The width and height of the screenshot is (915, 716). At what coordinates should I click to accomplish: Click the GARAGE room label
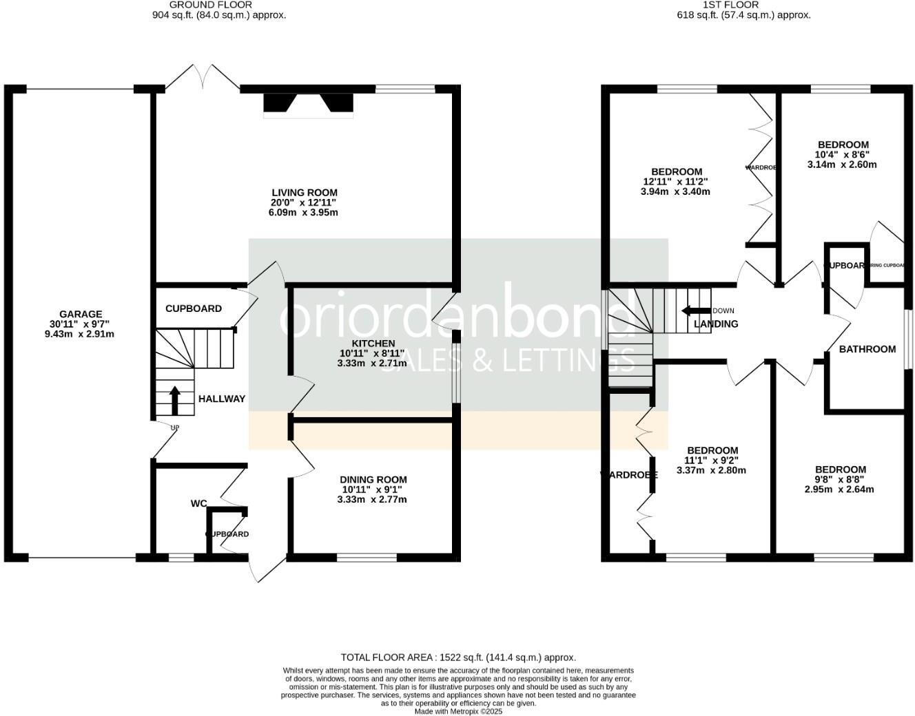[81, 314]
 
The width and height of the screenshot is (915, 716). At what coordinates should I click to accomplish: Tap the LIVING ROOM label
[305, 193]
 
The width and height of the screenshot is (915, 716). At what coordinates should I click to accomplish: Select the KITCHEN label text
[373, 343]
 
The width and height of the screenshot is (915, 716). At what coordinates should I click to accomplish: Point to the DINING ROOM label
[373, 479]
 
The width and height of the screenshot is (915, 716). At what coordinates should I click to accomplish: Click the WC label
[198, 503]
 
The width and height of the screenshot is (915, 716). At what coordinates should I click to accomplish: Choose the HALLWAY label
[221, 399]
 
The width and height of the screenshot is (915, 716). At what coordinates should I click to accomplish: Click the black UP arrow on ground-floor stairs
[174, 400]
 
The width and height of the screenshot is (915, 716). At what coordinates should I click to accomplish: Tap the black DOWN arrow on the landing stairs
[696, 310]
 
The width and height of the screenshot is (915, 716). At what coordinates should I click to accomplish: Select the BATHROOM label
[867, 349]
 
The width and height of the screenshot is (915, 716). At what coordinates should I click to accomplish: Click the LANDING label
[716, 324]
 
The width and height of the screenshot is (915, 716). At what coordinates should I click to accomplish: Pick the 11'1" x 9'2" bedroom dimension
[712, 461]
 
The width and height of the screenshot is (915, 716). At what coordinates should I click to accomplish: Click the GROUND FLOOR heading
[201, 5]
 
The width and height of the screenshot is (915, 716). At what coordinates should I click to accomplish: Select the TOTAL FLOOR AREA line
[458, 657]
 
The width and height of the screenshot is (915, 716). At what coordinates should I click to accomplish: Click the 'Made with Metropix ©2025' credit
[458, 711]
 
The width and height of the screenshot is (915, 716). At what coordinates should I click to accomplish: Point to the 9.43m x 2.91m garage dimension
[81, 335]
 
